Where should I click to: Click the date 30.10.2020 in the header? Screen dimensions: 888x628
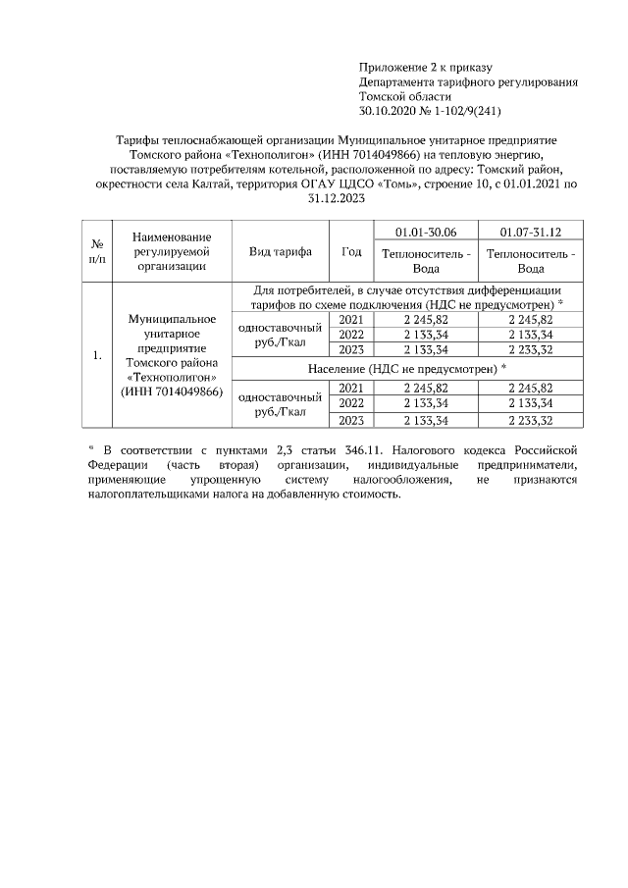pos(388,112)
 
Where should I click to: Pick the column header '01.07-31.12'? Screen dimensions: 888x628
pos(530,231)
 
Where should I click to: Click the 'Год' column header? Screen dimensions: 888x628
pos(350,251)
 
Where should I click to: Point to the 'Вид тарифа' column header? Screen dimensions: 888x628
pos(281,251)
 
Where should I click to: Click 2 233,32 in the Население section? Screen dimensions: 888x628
pos(530,420)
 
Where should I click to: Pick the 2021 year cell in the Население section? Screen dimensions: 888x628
pos(350,388)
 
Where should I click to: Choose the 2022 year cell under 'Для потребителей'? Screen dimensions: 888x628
pos(350,335)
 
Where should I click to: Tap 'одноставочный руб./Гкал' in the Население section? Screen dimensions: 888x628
pos(281,403)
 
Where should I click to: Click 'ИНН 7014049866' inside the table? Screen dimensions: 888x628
pos(171,392)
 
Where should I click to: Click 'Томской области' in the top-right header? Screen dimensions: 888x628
pos(405,97)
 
